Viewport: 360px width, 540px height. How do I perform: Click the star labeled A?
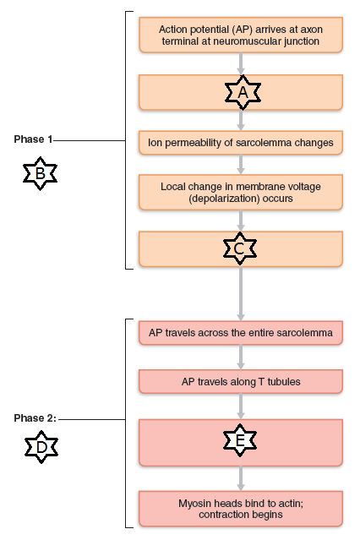click(241, 94)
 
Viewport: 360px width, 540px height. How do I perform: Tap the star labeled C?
click(240, 248)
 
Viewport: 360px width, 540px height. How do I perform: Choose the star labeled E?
click(240, 441)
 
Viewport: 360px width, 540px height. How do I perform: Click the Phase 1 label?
click(33, 139)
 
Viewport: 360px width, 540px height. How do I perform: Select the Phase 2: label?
click(35, 418)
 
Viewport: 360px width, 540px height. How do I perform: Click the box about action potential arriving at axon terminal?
click(241, 35)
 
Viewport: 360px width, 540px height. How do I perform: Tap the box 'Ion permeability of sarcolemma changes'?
click(241, 144)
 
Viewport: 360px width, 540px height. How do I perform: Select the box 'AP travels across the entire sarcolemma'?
click(241, 334)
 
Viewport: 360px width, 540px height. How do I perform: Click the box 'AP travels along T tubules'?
click(241, 381)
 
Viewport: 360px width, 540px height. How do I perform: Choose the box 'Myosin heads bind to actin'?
click(241, 508)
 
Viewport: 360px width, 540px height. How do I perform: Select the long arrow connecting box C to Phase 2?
click(241, 293)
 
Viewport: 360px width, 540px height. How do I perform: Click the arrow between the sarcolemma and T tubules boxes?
click(241, 357)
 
